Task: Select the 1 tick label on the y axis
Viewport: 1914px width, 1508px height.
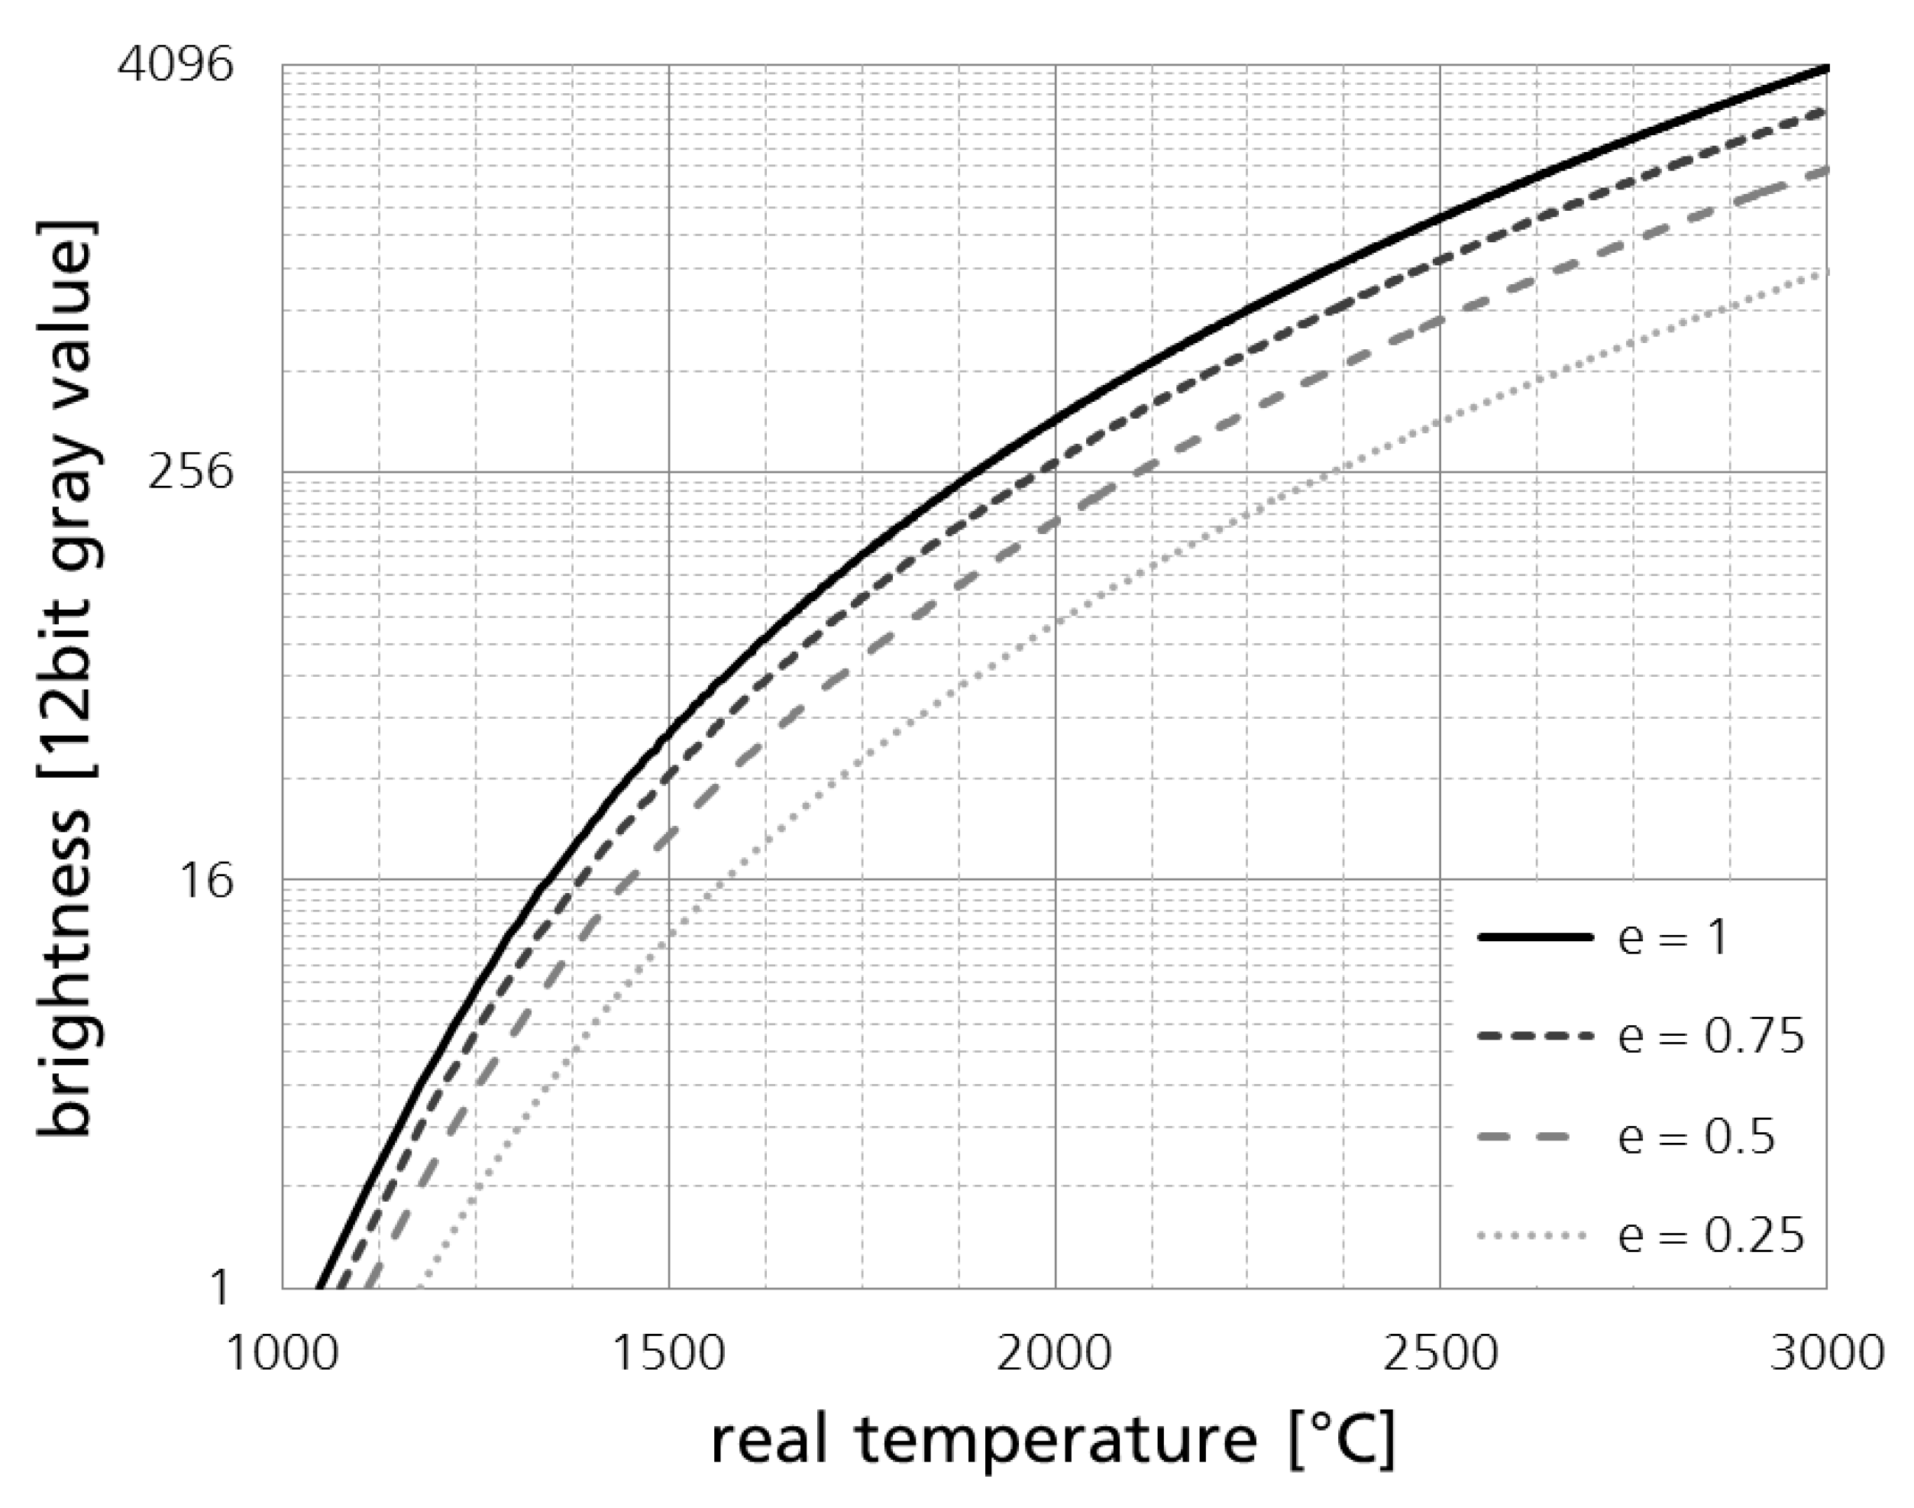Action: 220,1287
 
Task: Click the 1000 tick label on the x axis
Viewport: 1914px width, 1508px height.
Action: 283,1353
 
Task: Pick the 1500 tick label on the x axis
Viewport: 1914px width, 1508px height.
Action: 668,1353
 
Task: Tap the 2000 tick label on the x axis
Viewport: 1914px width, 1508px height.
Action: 1055,1353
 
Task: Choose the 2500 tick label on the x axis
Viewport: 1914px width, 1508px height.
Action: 1440,1353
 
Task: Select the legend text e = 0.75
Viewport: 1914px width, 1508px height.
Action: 1712,1036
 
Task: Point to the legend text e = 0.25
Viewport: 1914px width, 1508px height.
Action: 1712,1235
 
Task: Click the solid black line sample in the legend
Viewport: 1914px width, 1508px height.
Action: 1535,937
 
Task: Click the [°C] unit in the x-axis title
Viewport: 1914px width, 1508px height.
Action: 1341,1441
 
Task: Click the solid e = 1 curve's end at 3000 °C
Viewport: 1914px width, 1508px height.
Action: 1825,67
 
